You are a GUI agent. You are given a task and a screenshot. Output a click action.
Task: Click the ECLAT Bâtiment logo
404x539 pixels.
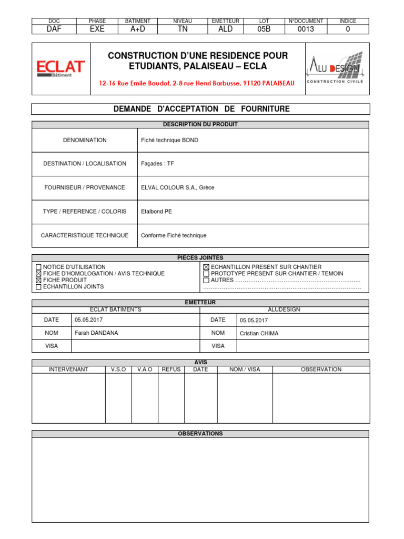pyautogui.click(x=60, y=68)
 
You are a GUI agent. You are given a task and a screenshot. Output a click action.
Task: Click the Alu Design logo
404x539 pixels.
pyautogui.click(x=333, y=68)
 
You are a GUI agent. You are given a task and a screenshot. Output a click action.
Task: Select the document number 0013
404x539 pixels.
pyautogui.click(x=306, y=29)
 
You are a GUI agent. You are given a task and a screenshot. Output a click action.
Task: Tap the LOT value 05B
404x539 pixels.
pyautogui.click(x=264, y=29)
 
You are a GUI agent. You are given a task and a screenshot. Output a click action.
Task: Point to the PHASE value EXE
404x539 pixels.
pyautogui.click(x=97, y=29)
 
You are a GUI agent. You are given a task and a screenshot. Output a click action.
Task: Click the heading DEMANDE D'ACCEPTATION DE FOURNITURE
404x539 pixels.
pyautogui.click(x=201, y=109)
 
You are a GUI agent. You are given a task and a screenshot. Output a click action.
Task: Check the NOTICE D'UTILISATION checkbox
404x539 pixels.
pyautogui.click(x=38, y=267)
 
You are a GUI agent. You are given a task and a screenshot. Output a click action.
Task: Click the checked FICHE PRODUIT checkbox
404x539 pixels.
pyautogui.click(x=38, y=281)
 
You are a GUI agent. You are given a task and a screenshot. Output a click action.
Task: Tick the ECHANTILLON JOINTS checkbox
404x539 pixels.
pyautogui.click(x=38, y=287)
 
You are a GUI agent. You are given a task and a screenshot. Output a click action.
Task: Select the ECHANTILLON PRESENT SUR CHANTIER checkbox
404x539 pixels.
pyautogui.click(x=206, y=267)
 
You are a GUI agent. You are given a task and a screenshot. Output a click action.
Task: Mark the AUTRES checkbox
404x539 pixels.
pyautogui.click(x=206, y=281)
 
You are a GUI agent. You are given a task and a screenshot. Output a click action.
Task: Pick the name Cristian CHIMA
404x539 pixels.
pyautogui.click(x=259, y=334)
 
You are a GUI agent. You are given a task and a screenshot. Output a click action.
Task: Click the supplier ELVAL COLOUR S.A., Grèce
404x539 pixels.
pyautogui.click(x=178, y=187)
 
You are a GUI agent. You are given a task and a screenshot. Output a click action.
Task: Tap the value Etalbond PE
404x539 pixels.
pyautogui.click(x=156, y=212)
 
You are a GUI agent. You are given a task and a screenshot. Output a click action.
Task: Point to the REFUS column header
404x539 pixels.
pyautogui.click(x=171, y=370)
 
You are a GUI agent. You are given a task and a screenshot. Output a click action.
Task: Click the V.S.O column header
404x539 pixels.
pyautogui.click(x=118, y=370)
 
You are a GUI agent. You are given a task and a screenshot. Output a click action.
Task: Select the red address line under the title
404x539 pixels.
pyautogui.click(x=197, y=83)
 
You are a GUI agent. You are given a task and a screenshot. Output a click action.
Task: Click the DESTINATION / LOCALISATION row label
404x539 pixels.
pyautogui.click(x=85, y=164)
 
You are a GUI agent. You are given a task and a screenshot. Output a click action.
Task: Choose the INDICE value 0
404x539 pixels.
pyautogui.click(x=347, y=29)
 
